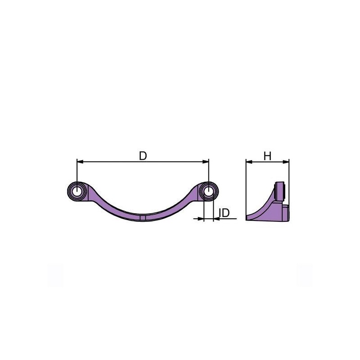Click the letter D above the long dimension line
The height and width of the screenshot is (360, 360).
click(x=143, y=156)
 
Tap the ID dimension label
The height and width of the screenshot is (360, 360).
click(x=225, y=212)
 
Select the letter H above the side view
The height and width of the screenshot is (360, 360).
click(x=267, y=156)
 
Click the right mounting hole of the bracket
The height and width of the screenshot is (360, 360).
click(x=208, y=191)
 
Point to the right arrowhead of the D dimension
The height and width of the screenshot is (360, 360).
click(x=206, y=161)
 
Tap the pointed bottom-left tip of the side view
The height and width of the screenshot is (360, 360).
click(x=247, y=219)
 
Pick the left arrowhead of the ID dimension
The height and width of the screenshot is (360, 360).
click(x=200, y=219)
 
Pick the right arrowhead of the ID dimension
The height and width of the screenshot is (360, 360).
click(x=216, y=219)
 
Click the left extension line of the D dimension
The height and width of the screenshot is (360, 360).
click(x=77, y=173)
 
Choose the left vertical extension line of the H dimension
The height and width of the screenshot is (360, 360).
click(x=246, y=189)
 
